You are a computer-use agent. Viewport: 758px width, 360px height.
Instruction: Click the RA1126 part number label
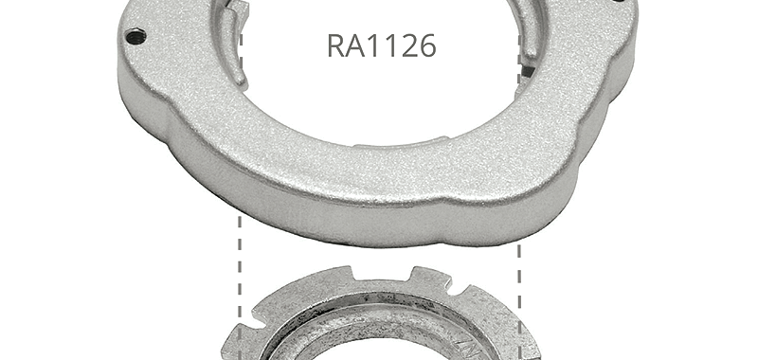382,45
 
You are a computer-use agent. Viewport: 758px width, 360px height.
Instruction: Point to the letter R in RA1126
336,45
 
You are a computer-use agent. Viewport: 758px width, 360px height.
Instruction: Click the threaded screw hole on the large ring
135,37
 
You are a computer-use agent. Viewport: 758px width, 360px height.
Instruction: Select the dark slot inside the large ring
527,73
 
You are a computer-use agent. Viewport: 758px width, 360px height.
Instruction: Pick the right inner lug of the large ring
528,29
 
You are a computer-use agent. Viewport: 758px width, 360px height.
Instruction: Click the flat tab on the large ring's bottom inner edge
401,142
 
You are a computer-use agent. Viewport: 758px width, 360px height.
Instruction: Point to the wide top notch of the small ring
383,275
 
